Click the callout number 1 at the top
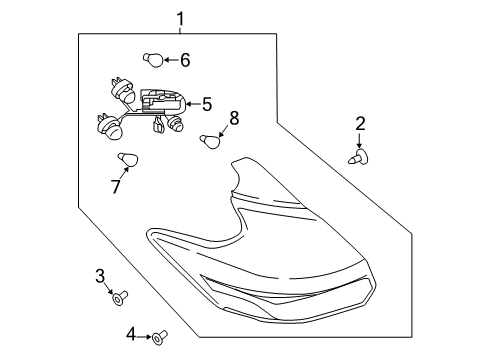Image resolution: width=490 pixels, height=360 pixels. pyautogui.click(x=181, y=17)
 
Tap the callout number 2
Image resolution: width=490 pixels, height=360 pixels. pyautogui.click(x=360, y=125)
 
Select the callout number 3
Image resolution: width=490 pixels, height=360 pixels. pyautogui.click(x=100, y=275)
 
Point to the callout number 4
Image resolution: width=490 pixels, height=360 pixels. pyautogui.click(x=131, y=334)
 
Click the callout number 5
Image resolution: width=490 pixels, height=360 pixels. pyautogui.click(x=207, y=103)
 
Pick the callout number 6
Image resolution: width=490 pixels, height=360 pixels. pyautogui.click(x=184, y=60)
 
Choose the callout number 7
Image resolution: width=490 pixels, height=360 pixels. pyautogui.click(x=116, y=185)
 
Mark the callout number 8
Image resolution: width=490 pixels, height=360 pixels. pyautogui.click(x=234, y=118)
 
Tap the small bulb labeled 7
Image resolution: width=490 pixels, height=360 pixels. pyautogui.click(x=127, y=159)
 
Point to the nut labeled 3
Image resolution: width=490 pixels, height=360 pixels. pyautogui.click(x=119, y=297)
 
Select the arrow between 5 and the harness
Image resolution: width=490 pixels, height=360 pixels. pyautogui.click(x=191, y=103)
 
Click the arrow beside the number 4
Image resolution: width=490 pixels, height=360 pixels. pyautogui.click(x=144, y=335)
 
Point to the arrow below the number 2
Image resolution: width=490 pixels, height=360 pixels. pyautogui.click(x=360, y=141)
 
